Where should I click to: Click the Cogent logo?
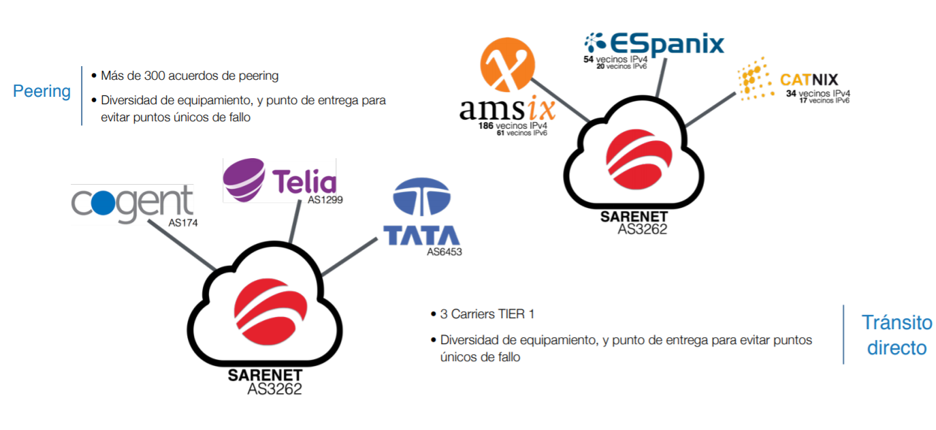point(132,202)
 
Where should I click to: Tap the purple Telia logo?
point(280,180)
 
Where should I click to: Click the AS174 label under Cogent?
point(183,223)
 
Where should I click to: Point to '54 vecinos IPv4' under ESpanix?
point(613,59)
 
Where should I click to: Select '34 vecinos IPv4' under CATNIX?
point(818,93)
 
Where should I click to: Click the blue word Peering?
point(42,91)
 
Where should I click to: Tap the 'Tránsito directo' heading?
point(897,335)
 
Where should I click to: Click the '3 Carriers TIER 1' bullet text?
point(487,314)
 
